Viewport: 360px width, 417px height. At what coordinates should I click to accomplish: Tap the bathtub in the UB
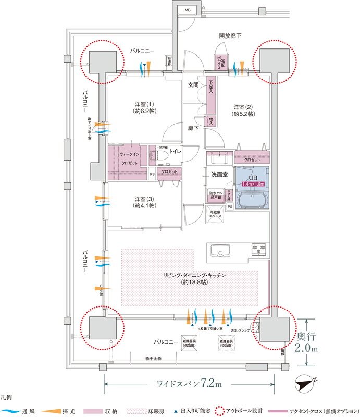click(x=252, y=199)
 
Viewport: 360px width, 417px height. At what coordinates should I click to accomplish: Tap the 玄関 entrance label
click(x=193, y=84)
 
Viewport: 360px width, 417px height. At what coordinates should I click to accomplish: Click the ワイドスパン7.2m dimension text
click(x=190, y=385)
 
